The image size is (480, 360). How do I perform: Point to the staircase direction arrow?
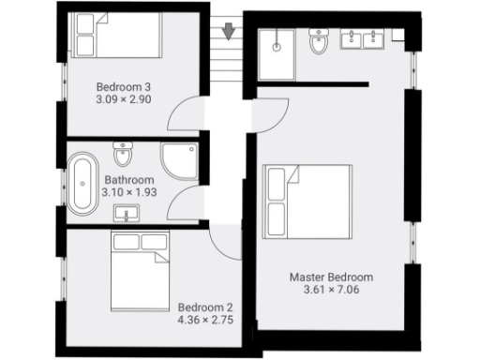228,34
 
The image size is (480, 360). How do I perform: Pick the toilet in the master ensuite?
318,43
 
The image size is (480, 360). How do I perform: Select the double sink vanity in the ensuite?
361,39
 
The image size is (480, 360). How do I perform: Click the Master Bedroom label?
331,277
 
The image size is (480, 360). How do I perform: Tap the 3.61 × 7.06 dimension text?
331,291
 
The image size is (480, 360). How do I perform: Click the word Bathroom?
128,180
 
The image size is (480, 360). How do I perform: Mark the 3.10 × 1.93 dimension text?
128,193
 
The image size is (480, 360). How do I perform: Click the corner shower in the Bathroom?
179,159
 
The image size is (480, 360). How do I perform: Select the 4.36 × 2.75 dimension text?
204,320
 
